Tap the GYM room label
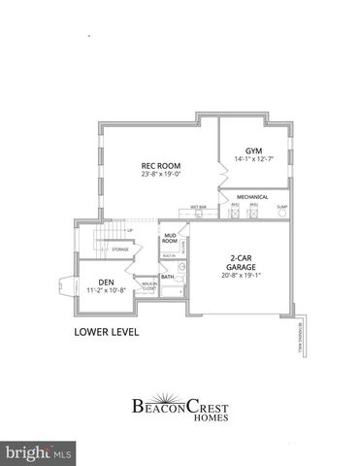coord(254,150)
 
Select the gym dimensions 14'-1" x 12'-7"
coord(254,159)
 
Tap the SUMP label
coord(281,205)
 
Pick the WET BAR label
coord(198,206)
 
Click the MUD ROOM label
coord(170,238)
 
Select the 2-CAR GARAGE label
coord(241,262)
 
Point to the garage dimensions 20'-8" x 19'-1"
coord(241,276)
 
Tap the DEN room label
coord(106,282)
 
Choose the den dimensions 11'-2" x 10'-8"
coord(106,290)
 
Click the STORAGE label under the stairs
coord(120,250)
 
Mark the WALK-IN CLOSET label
coord(148,287)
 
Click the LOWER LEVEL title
coord(107,332)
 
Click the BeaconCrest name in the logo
coord(180,406)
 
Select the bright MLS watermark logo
coord(39,452)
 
